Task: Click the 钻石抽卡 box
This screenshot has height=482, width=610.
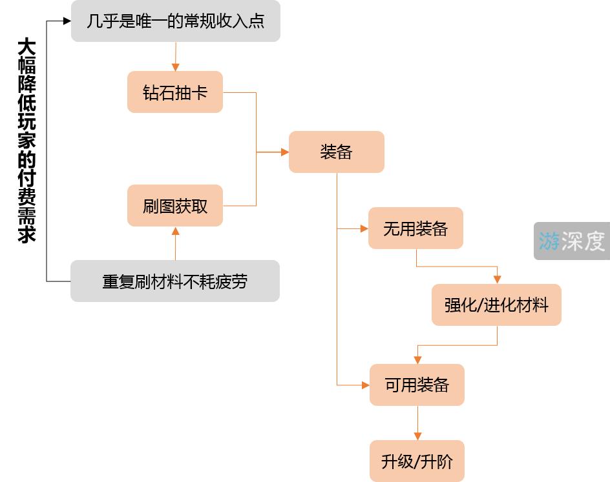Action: [175, 92]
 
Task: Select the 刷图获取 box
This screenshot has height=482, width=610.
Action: [175, 206]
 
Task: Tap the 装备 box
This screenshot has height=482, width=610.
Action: [336, 152]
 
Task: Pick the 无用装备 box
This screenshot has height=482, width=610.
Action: [415, 228]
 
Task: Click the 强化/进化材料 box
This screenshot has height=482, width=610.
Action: [496, 305]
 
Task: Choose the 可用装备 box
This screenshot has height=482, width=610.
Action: [417, 385]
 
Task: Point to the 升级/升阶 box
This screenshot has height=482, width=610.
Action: [417, 461]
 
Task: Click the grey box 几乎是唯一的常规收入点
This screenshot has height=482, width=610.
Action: [175, 21]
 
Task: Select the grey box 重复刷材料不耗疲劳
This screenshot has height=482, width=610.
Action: [174, 281]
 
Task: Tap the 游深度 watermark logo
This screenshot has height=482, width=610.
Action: [572, 241]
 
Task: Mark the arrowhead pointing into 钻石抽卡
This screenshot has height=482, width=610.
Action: [175, 67]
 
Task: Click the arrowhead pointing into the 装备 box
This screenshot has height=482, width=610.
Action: [284, 152]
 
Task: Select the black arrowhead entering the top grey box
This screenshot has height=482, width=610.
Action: [67, 21]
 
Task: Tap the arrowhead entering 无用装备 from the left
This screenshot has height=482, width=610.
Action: [364, 228]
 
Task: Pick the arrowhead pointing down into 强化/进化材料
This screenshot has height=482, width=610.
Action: [497, 280]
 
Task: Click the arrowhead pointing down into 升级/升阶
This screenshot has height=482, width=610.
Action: [417, 436]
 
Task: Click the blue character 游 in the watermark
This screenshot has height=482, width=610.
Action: [549, 241]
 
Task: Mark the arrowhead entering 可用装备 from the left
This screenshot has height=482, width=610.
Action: [365, 385]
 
